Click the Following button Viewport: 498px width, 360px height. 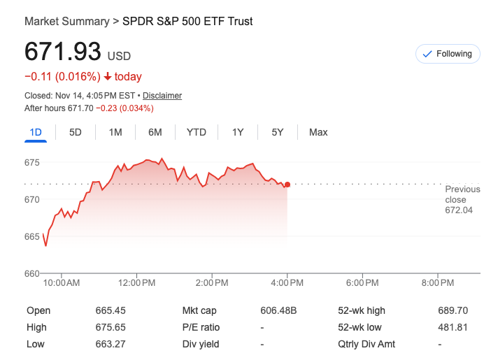[448, 54]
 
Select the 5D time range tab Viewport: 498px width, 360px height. [76, 132]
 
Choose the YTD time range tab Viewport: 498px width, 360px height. [196, 132]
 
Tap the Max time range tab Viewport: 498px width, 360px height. [318, 132]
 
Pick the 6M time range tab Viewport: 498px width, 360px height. [155, 132]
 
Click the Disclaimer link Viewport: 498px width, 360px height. [162, 96]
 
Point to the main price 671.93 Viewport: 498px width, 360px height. [63, 53]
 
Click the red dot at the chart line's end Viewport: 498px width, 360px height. [287, 185]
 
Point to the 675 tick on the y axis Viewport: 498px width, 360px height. [32, 163]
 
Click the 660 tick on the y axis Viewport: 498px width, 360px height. [32, 273]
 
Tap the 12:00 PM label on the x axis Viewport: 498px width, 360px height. [137, 283]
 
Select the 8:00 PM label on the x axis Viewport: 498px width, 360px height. [438, 283]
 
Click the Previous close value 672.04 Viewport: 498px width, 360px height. [459, 210]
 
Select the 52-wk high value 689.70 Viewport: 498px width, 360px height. [453, 310]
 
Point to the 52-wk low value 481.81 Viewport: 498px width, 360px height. [453, 327]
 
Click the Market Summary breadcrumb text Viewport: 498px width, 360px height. [66, 21]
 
